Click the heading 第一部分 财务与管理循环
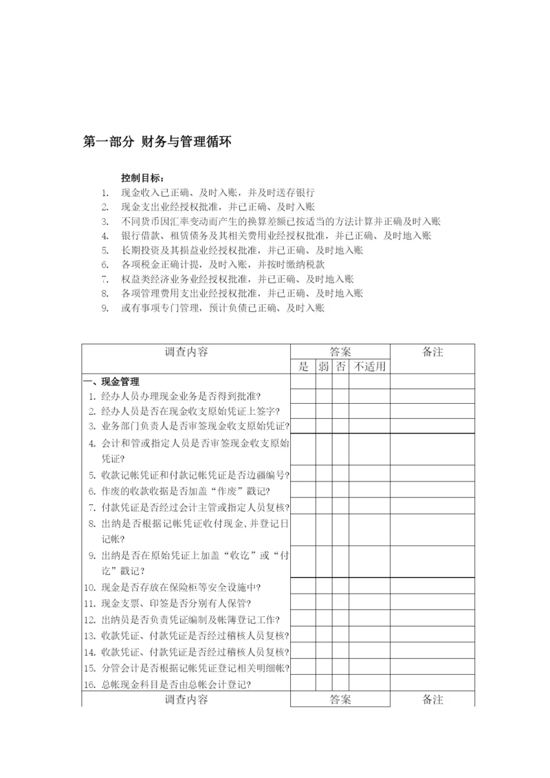click(x=157, y=142)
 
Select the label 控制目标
click(x=143, y=178)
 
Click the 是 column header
click(x=303, y=367)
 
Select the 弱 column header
click(x=324, y=367)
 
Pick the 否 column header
click(x=340, y=367)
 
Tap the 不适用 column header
click(x=370, y=367)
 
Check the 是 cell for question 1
click(x=303, y=396)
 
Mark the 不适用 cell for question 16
click(x=370, y=684)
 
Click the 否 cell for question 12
click(x=340, y=618)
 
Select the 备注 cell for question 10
click(x=432, y=587)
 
